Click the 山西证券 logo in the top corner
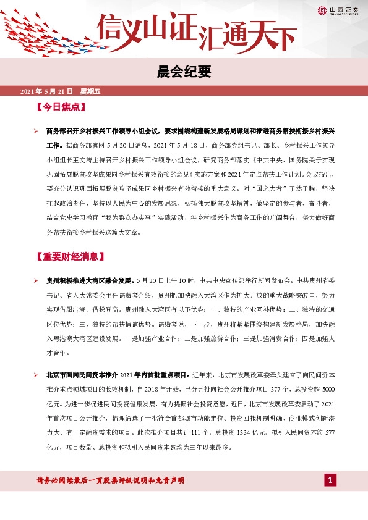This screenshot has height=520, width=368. coord(338,10)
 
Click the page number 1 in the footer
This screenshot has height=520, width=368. coord(331,480)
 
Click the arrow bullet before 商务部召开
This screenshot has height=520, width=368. coord(36,132)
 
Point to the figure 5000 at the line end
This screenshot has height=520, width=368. coord(328,390)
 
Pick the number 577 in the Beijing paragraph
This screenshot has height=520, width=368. coord(329,433)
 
